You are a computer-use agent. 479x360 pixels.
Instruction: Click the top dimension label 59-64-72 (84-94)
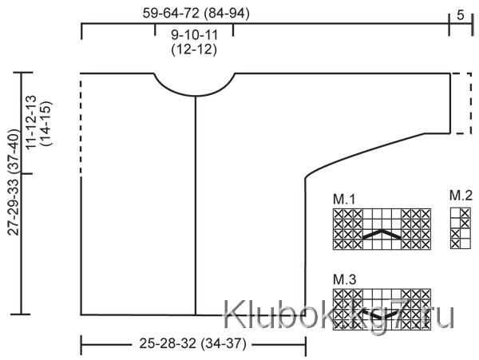click(x=196, y=14)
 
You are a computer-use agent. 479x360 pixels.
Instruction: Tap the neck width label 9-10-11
click(x=194, y=35)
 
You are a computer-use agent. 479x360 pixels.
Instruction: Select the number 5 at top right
click(x=461, y=15)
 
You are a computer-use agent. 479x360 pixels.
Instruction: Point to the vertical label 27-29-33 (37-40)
click(x=14, y=182)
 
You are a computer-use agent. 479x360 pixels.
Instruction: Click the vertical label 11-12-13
click(x=31, y=122)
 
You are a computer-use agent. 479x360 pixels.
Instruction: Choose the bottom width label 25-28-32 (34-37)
click(x=193, y=344)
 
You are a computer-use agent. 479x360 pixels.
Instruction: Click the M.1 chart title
click(x=344, y=200)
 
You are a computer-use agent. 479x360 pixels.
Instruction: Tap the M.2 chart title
click(x=461, y=196)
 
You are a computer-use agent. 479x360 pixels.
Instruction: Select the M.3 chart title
click(x=345, y=279)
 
